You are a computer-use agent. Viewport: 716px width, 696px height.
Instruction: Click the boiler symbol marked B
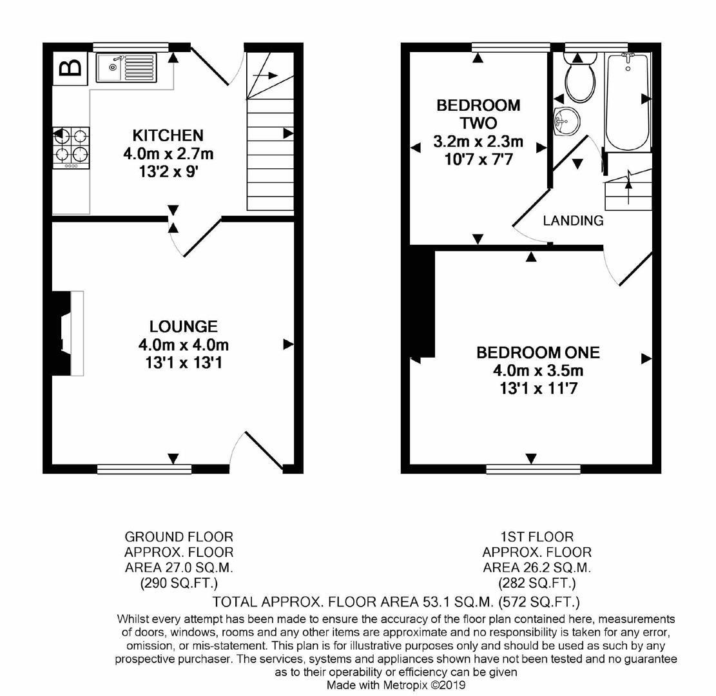point(70,66)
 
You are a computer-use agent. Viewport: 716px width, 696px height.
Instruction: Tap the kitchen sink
point(126,68)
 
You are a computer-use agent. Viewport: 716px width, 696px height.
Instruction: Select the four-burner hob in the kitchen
point(71,147)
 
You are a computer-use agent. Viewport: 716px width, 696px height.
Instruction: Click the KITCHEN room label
point(168,135)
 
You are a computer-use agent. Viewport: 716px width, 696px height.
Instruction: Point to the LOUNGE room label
point(184,327)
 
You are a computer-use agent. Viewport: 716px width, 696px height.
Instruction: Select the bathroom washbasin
point(565,120)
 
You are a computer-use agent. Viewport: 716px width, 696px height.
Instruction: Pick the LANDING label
point(573,221)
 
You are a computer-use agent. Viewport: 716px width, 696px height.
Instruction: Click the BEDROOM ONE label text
point(537,353)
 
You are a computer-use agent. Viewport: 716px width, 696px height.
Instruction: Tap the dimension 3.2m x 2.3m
point(478,141)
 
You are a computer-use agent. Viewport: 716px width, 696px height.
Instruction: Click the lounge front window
point(144,469)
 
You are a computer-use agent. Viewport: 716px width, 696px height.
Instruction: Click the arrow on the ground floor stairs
point(265,75)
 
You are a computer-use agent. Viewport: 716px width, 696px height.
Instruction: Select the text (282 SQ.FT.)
point(537,583)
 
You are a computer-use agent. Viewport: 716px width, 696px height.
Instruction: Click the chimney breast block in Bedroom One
point(422,303)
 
